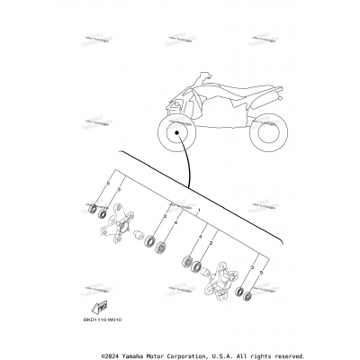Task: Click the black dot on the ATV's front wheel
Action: tap(179, 135)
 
